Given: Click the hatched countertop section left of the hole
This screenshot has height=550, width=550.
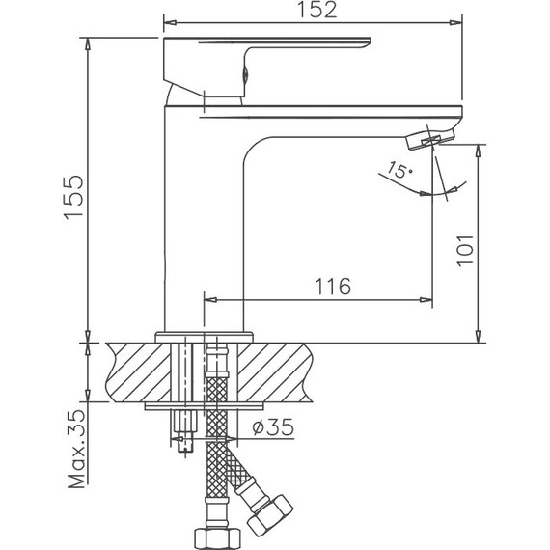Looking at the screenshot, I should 135,371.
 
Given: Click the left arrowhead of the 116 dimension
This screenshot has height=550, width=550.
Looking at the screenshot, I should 209,300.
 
